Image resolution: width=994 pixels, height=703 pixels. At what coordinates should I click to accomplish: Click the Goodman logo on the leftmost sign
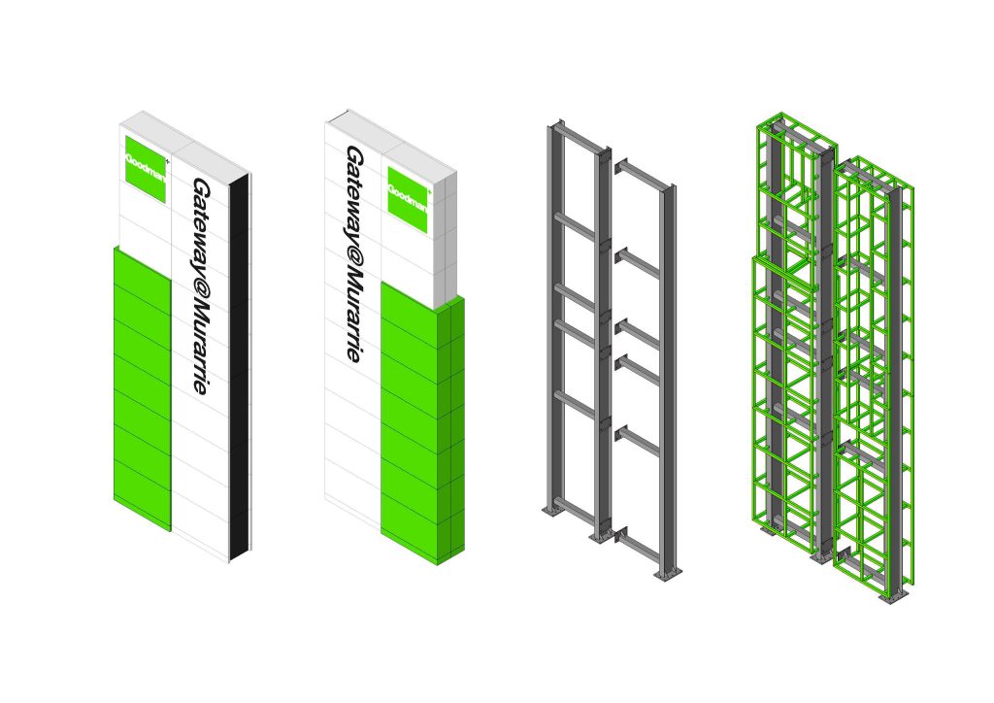point(146,169)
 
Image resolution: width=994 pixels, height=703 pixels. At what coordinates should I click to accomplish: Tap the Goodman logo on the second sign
point(409,200)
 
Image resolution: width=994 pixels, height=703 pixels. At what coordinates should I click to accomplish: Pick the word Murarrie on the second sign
point(353,321)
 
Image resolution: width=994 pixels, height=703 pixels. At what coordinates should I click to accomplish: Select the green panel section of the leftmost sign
point(143,388)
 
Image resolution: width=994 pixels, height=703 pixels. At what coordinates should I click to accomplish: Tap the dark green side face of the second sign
point(452,430)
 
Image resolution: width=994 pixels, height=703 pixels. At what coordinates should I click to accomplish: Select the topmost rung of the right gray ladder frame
point(639,174)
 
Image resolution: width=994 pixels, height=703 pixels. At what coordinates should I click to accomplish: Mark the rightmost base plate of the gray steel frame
point(669,573)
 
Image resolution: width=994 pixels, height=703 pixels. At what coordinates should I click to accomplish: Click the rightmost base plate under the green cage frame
point(896,597)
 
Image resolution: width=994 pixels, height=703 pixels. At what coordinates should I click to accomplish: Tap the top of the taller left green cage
point(797,132)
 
